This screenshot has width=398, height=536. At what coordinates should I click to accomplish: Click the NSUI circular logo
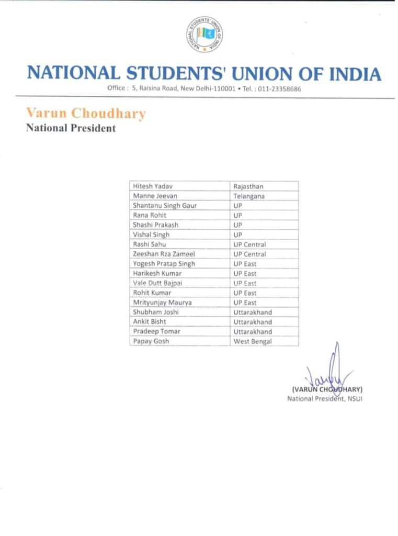click(206, 34)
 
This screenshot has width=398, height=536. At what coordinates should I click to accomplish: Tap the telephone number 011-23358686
click(279, 88)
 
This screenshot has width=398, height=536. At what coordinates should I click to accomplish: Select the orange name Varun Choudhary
click(86, 113)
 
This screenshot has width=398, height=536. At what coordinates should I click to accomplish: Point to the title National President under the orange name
click(71, 128)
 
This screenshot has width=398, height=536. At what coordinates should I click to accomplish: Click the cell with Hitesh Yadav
click(153, 186)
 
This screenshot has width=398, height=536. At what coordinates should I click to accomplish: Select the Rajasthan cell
click(252, 186)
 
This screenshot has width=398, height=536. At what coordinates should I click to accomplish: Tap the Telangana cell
click(249, 196)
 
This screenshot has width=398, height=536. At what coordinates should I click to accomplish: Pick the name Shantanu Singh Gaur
click(165, 206)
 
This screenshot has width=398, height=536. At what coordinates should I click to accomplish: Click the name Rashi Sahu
click(149, 244)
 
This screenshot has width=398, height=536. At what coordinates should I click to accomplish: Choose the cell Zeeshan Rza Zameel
click(163, 254)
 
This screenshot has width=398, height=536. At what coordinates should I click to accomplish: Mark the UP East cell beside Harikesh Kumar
click(245, 274)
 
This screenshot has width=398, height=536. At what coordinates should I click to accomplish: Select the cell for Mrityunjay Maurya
click(162, 303)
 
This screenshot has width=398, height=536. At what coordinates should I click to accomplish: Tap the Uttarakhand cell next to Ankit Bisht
click(253, 322)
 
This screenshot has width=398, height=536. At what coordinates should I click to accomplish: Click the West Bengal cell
click(253, 341)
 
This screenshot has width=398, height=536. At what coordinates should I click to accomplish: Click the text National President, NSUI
click(325, 398)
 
